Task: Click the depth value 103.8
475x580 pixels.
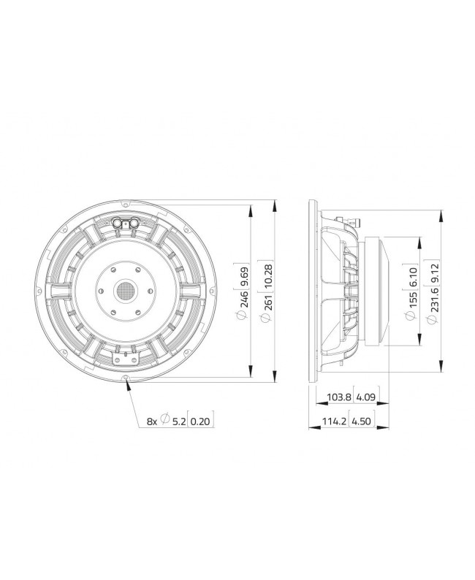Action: pyautogui.click(x=336, y=400)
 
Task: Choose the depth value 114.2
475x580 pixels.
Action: pyautogui.click(x=336, y=421)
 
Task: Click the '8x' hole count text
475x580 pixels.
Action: pyautogui.click(x=152, y=421)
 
